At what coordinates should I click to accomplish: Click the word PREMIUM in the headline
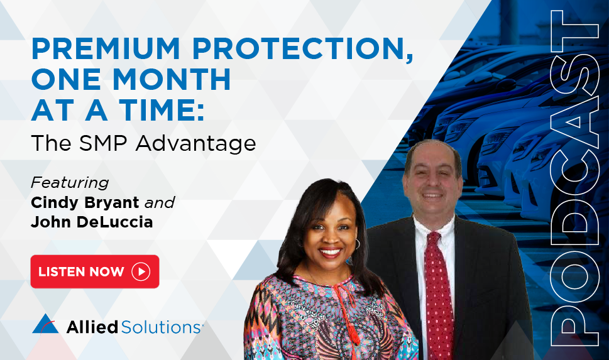tap(106, 48)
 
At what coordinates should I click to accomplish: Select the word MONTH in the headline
tap(172, 79)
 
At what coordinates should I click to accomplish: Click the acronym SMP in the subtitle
tap(103, 143)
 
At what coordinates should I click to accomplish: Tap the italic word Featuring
tap(70, 183)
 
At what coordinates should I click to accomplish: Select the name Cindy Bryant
tap(85, 203)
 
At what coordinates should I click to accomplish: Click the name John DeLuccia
tap(92, 222)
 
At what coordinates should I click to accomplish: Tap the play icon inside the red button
tap(141, 271)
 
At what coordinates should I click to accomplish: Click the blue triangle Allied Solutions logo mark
tap(45, 324)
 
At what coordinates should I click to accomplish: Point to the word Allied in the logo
tap(92, 327)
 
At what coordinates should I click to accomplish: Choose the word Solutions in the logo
tap(160, 327)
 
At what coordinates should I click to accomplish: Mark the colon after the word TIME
tap(200, 112)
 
